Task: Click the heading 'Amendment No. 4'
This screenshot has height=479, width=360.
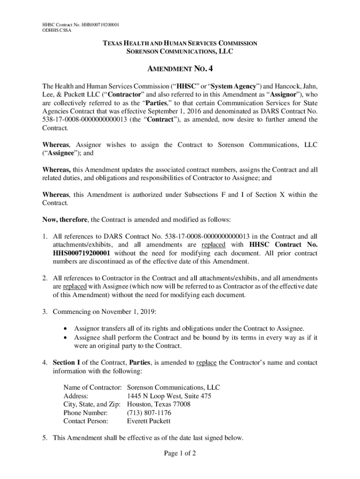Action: pyautogui.click(x=180, y=69)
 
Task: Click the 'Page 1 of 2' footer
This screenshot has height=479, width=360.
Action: pyautogui.click(x=180, y=453)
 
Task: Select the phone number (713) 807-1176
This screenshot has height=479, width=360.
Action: pyautogui.click(x=149, y=413)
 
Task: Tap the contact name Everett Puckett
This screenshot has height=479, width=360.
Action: pyautogui.click(x=149, y=421)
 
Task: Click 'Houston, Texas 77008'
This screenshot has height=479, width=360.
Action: pyautogui.click(x=158, y=404)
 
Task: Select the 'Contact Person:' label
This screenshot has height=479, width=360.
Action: pyautogui.click(x=86, y=421)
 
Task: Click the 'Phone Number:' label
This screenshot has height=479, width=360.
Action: pyautogui.click(x=85, y=413)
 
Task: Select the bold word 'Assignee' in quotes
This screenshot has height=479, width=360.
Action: pyautogui.click(x=57, y=152)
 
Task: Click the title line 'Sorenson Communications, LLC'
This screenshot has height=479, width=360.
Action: pyautogui.click(x=180, y=51)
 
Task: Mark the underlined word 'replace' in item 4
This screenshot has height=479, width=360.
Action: pyautogui.click(x=206, y=363)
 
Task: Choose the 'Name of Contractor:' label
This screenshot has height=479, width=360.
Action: pyautogui.click(x=93, y=388)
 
